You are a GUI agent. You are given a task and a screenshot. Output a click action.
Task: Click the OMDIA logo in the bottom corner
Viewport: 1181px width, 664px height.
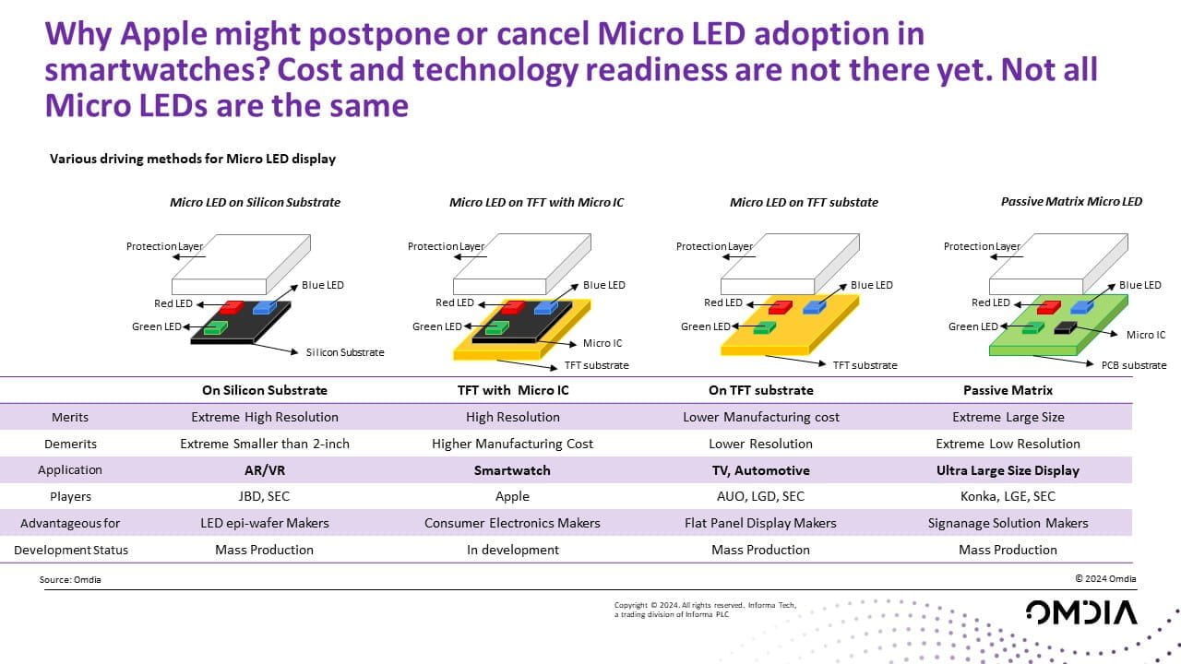(x=1081, y=612)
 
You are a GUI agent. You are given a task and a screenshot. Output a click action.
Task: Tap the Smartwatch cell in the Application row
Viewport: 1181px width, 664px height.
(x=512, y=470)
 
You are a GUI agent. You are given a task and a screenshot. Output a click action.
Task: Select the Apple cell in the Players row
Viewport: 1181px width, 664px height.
(x=512, y=496)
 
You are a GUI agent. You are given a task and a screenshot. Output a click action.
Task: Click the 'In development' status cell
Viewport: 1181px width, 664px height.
(x=512, y=550)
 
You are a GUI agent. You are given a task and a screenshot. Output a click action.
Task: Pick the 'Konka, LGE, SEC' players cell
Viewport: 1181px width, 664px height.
(x=1008, y=496)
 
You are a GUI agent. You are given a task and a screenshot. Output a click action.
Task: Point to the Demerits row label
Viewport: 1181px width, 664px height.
(x=70, y=444)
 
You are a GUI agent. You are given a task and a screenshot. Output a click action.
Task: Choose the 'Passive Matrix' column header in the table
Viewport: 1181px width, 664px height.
(x=1008, y=390)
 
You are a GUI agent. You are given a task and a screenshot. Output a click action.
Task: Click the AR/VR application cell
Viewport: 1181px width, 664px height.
(x=265, y=470)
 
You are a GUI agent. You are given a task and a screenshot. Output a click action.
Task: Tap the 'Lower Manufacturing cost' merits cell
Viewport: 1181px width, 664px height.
(x=761, y=417)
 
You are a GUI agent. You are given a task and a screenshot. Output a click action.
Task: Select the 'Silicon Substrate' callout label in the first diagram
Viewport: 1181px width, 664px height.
(x=344, y=352)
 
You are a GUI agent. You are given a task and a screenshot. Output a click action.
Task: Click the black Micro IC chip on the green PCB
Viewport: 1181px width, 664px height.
(x=1065, y=327)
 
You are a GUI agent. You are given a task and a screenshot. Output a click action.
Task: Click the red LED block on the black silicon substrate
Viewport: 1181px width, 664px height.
(x=231, y=306)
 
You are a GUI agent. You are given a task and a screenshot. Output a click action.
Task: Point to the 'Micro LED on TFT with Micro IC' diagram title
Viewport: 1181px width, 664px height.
(x=536, y=202)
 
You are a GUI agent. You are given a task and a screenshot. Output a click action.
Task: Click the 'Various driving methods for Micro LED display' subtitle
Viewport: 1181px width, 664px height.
(x=192, y=159)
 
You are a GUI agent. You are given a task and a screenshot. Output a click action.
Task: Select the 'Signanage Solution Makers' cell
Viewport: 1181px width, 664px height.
(x=1008, y=523)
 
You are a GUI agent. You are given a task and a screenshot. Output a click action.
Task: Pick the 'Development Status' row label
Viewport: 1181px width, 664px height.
(x=71, y=550)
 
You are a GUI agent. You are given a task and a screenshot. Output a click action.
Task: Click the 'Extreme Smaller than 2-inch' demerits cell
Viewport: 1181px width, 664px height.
(x=265, y=444)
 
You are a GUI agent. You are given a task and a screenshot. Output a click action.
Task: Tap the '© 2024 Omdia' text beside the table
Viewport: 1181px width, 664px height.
(x=1105, y=579)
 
